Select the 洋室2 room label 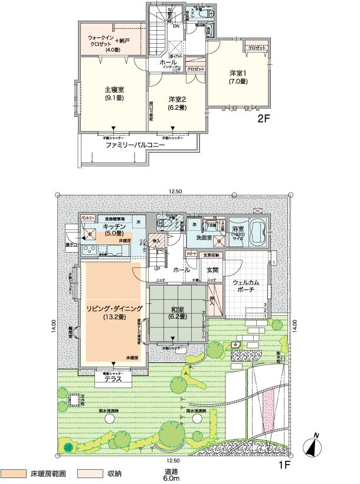point(176,103)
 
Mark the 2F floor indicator point(264,118)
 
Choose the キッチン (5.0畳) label point(113,230)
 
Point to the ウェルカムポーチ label point(243,285)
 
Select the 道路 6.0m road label point(172,475)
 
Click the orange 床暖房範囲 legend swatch point(15,473)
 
